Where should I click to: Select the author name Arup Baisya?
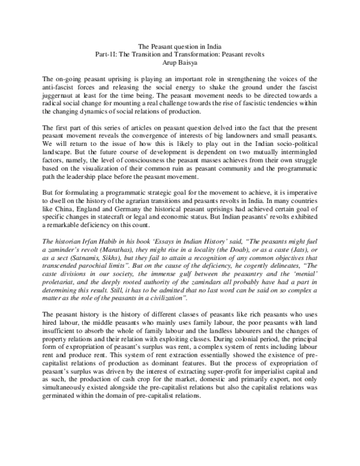click(180, 62)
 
